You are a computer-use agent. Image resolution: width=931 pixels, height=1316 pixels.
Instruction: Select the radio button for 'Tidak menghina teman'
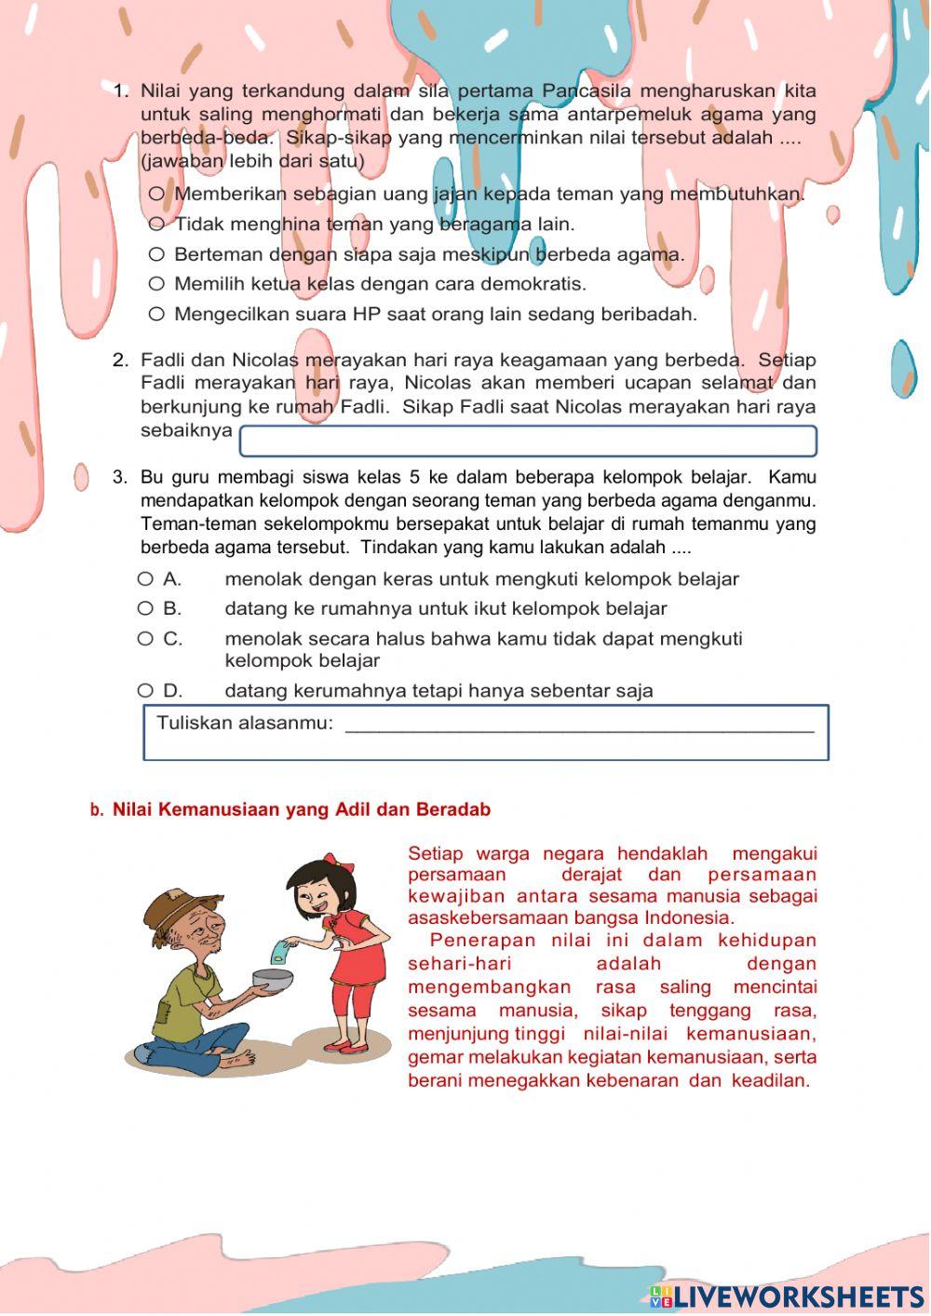156,224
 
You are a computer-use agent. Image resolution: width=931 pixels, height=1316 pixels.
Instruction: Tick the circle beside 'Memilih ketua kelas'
156,284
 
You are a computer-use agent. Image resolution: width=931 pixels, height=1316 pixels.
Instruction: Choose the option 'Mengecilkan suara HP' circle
156,315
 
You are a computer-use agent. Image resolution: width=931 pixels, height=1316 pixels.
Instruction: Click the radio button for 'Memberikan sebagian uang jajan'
156,194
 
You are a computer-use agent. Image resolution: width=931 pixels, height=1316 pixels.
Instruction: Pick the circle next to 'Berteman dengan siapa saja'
156,254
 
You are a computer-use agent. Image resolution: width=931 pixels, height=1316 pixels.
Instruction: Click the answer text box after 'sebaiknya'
528,441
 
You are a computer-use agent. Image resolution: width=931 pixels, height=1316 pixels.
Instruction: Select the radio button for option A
145,579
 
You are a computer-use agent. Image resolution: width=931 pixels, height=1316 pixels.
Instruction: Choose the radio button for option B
145,609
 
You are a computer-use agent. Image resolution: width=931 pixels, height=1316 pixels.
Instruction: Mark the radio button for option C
145,639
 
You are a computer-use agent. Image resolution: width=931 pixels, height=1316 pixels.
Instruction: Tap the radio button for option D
145,691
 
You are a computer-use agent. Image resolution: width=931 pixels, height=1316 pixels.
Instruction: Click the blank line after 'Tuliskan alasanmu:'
579,725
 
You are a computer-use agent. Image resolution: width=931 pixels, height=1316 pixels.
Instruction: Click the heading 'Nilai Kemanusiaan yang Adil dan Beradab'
301,810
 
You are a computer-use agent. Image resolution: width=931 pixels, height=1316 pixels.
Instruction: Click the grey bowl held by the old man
273,980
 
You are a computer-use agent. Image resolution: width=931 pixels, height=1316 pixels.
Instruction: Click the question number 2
120,360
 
